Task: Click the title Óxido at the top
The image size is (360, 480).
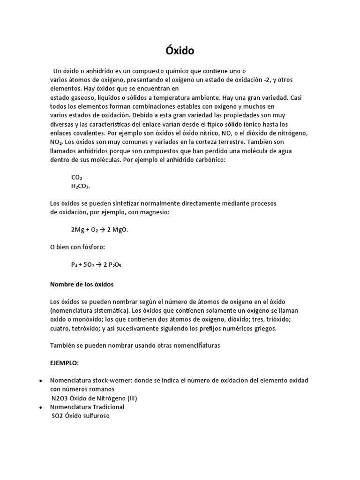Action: click(x=180, y=50)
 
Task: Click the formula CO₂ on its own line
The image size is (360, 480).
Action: click(x=76, y=178)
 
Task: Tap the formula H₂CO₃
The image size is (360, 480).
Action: click(x=80, y=186)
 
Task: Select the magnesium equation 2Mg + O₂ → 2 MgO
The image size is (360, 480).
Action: click(x=99, y=230)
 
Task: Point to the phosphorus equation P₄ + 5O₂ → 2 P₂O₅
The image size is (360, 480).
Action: click(x=96, y=265)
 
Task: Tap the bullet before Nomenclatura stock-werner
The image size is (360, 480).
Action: click(x=42, y=381)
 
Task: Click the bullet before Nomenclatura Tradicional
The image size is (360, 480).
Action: click(x=42, y=407)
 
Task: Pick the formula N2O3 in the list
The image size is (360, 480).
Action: click(x=60, y=398)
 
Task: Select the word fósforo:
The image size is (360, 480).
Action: click(x=93, y=247)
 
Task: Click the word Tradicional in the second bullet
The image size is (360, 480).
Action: click(x=108, y=407)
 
